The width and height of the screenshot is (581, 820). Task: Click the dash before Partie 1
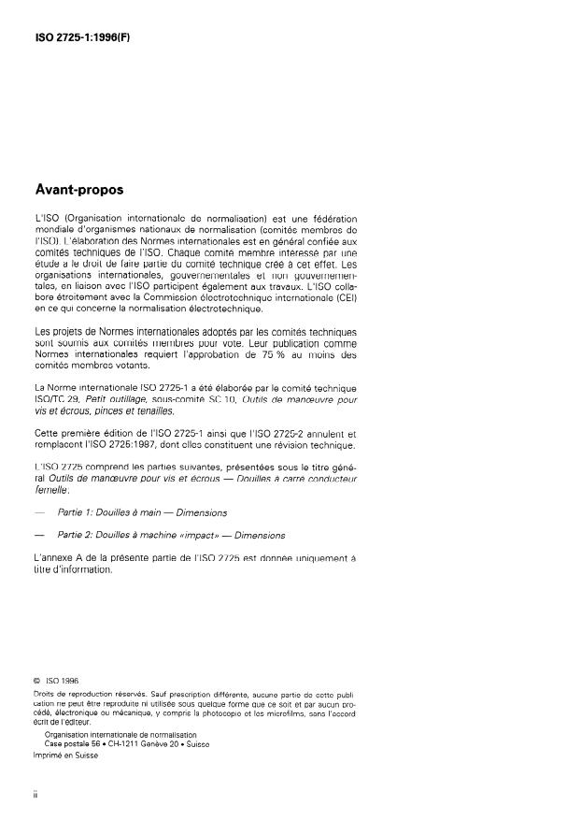[x=38, y=512]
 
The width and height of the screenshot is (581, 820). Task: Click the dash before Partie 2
[x=38, y=536]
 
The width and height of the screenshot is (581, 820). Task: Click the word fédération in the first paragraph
[x=327, y=218]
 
